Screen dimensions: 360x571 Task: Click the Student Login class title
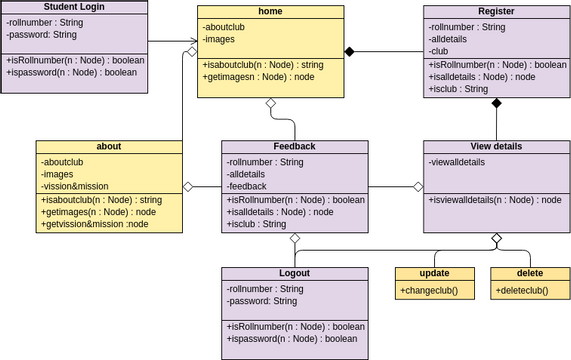tap(74, 7)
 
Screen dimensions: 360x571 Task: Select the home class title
tap(270, 12)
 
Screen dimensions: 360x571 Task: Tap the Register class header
tap(496, 10)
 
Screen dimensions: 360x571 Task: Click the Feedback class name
tap(294, 146)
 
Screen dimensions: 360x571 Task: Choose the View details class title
tap(496, 146)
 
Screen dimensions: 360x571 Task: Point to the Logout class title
tap(294, 273)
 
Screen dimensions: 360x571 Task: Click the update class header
tap(433, 273)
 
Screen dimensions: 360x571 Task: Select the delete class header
tap(529, 273)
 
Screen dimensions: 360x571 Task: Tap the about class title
tap(109, 146)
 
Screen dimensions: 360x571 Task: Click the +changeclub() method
tap(428, 290)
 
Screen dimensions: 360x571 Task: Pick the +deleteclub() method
tap(522, 290)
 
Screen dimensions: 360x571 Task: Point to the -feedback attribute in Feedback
tap(247, 186)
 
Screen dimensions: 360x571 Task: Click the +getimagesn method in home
tap(244, 76)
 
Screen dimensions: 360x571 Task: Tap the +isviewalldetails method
tap(494, 199)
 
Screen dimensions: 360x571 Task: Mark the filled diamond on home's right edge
tap(350, 50)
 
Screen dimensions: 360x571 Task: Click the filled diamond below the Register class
tap(496, 102)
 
